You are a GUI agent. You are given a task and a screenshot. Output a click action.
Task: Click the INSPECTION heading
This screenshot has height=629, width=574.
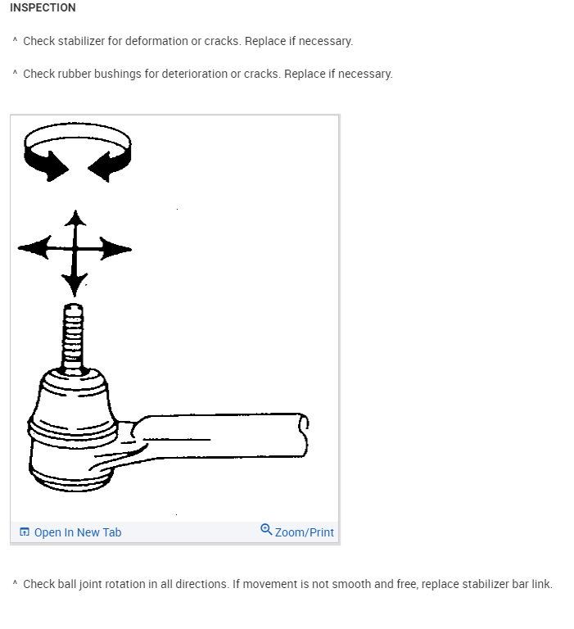[43, 7]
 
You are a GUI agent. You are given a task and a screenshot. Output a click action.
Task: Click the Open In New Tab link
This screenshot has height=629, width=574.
[78, 532]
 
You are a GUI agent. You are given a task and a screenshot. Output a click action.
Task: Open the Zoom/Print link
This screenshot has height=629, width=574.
[304, 532]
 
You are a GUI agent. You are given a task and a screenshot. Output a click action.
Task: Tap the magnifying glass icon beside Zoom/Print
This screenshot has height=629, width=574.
[266, 529]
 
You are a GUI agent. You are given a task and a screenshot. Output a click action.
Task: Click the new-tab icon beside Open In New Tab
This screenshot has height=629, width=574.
[25, 532]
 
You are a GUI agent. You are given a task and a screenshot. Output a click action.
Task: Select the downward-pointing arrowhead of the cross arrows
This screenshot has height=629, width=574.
[75, 284]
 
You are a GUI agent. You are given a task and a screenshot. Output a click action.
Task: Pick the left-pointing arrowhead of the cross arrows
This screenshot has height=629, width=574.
[34, 247]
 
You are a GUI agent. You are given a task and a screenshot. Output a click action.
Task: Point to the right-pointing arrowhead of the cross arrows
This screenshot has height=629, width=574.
[115, 249]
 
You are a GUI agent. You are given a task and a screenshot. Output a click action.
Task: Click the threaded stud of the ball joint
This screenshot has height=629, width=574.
[74, 337]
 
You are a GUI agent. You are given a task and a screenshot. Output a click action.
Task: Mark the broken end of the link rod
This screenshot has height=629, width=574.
[304, 435]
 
